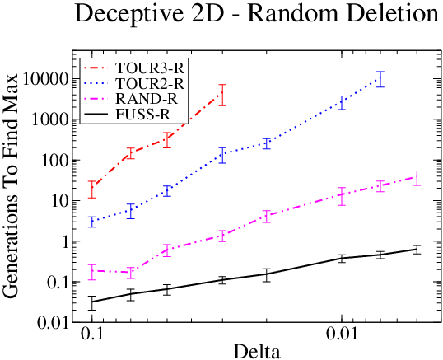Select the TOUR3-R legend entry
pos(134,68)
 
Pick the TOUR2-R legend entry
pos(134,83)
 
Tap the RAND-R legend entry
pos(131,99)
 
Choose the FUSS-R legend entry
pos(127,115)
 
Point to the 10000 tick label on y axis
pos(45,80)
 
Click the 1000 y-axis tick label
pos(50,120)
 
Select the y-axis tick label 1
pos(65,242)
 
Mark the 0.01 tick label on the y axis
pos(53,323)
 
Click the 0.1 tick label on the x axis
pos(92,334)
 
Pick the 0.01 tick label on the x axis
pos(343,334)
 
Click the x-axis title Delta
pos(257,351)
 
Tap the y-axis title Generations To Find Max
pos(10,185)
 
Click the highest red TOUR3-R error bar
pos(223,95)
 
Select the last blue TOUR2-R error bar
pos(380,79)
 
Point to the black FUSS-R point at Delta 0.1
pos(92,302)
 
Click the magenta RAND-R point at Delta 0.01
pos(343,194)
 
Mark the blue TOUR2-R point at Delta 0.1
pos(92,222)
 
